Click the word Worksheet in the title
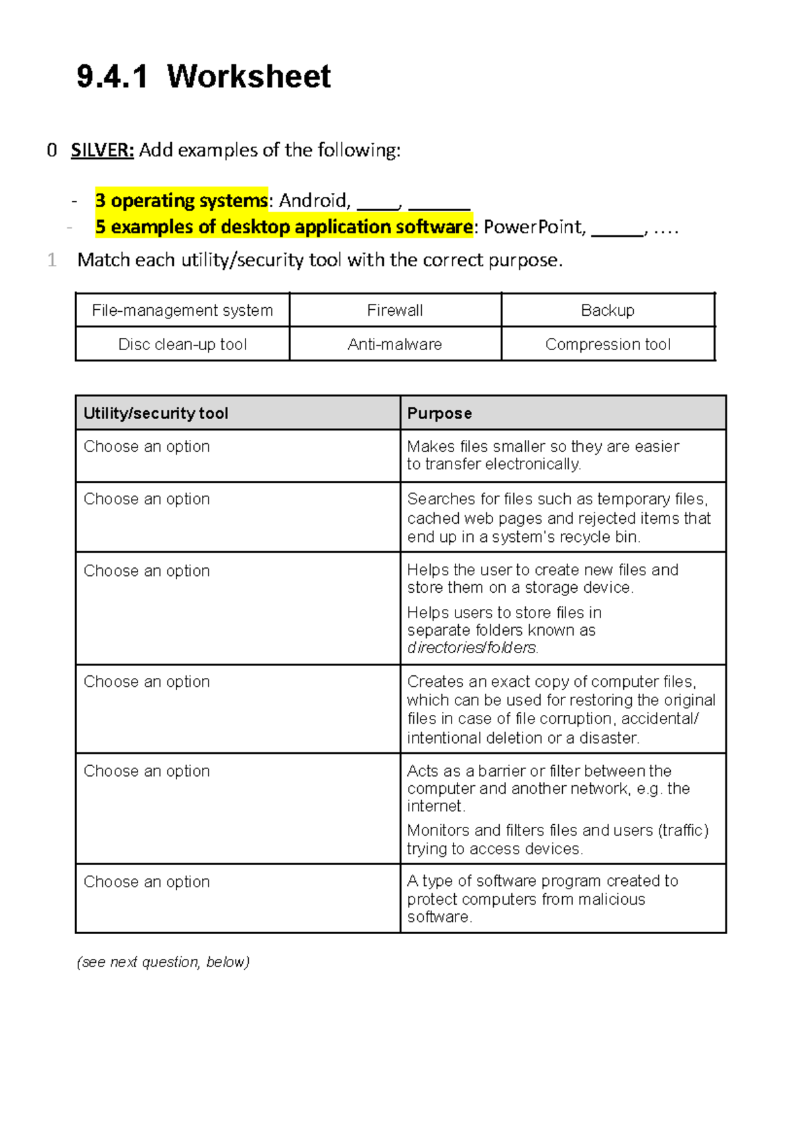point(248,76)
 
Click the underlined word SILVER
point(102,150)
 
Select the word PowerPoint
point(534,227)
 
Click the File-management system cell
point(182,310)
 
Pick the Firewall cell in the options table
point(394,310)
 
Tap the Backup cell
point(607,310)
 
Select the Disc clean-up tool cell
point(182,345)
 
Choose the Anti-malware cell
point(394,345)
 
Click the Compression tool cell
point(607,345)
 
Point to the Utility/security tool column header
point(156,413)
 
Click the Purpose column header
point(439,413)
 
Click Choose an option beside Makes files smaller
point(146,447)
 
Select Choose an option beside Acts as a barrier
point(146,771)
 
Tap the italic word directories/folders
point(472,648)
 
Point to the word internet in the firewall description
point(435,806)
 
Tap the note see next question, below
point(163,962)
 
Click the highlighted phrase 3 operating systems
point(181,201)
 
